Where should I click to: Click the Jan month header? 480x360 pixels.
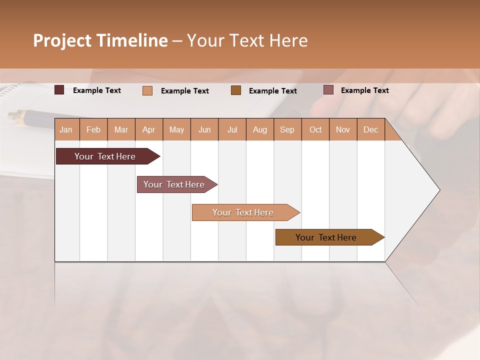(66, 129)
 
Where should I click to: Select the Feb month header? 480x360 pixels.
(93, 129)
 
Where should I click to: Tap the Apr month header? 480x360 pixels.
(148, 129)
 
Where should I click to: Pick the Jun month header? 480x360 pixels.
(204, 129)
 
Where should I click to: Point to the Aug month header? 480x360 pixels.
(259, 129)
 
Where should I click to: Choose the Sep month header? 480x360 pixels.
(287, 129)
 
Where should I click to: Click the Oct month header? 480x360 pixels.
(315, 129)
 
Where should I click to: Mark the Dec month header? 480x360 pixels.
(370, 129)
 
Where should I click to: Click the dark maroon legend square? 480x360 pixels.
(59, 90)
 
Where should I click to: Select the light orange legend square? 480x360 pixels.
(147, 90)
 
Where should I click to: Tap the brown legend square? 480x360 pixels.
(236, 90)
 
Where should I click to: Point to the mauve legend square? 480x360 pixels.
(328, 90)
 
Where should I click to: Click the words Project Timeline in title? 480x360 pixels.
(100, 40)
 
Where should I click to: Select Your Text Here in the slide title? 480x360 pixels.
(247, 40)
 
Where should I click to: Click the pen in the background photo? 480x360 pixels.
(30, 118)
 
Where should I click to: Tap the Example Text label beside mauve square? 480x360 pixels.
(364, 90)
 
